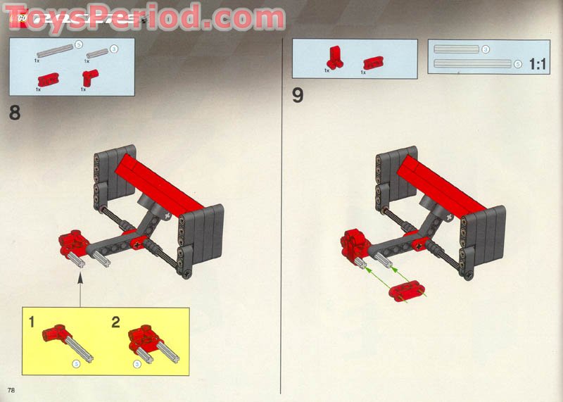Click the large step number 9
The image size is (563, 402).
point(298,95)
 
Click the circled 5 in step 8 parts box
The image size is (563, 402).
point(79,44)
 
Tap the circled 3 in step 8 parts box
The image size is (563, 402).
point(113,48)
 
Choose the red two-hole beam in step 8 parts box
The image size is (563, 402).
point(89,75)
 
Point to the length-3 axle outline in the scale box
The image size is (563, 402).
point(457,49)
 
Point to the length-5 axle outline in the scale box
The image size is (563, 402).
point(472,63)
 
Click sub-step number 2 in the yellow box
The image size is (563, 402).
point(116,322)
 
